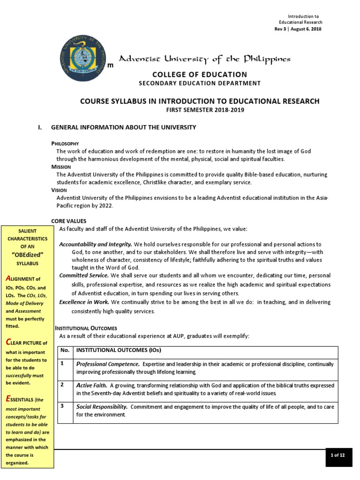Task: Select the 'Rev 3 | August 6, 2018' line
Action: click(298, 29)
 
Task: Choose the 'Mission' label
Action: click(61, 167)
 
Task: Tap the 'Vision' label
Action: click(59, 190)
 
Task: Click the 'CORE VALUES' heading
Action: click(68, 221)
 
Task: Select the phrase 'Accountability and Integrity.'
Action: click(96, 245)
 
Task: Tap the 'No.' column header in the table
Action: click(65, 351)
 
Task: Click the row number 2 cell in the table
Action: click(62, 385)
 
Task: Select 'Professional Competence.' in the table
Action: click(108, 364)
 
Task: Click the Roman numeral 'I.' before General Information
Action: click(40, 127)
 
